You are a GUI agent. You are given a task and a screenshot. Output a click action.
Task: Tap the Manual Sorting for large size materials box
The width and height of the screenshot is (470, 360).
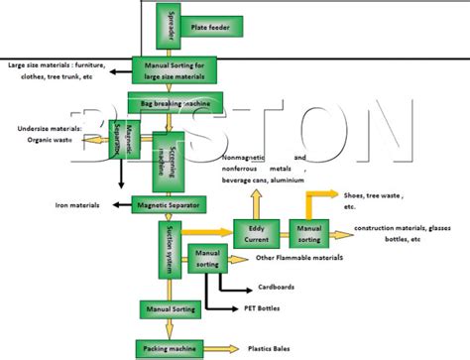pos(175,69)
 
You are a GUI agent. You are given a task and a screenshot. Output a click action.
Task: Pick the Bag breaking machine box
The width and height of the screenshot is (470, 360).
pos(175,103)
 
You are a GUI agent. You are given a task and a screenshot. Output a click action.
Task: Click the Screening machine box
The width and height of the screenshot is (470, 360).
pos(170,160)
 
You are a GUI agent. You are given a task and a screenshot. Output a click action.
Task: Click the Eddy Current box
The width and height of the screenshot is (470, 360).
pos(255,234)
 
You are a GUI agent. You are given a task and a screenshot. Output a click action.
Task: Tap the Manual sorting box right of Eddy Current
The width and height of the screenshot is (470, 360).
pos(309,234)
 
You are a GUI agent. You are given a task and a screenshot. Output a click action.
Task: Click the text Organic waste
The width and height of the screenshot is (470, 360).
pos(50,140)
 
